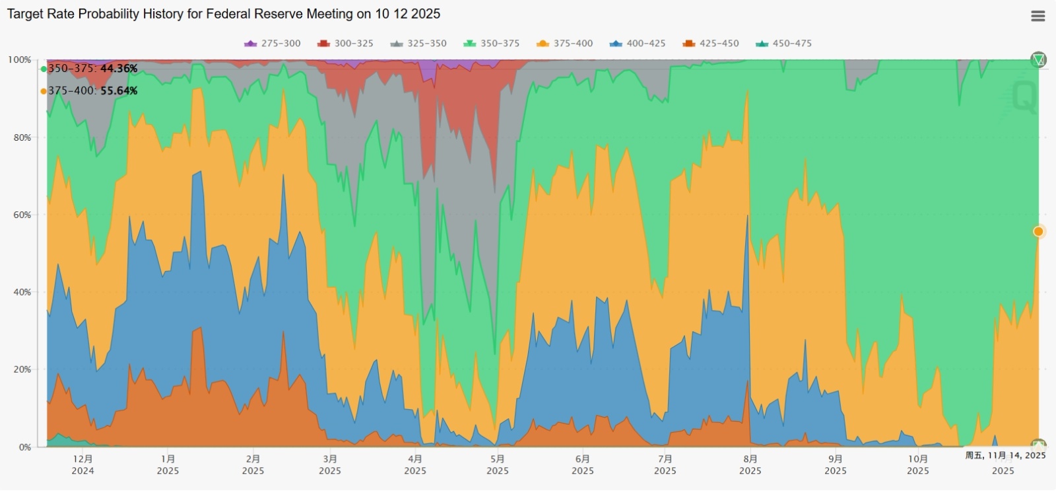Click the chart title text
click(223, 14)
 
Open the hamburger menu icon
click(1038, 16)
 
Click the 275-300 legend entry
click(273, 44)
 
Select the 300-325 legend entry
click(346, 44)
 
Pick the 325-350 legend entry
click(419, 44)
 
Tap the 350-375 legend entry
click(492, 44)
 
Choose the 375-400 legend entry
click(565, 44)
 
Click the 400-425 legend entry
click(638, 44)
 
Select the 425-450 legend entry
click(711, 44)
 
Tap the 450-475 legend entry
click(784, 44)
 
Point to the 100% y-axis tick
click(19, 60)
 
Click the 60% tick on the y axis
click(22, 215)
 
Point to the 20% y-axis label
click(22, 369)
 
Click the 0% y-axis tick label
click(24, 447)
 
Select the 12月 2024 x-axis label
click(82, 465)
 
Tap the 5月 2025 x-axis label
click(498, 465)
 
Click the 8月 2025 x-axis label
click(750, 465)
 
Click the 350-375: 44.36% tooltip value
click(92, 69)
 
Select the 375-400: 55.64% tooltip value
click(92, 91)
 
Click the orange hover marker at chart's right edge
click(1038, 231)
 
